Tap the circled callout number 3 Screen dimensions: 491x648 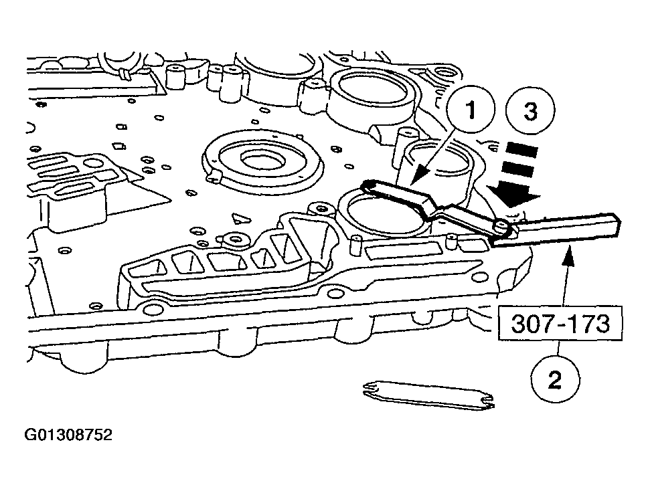click(x=530, y=111)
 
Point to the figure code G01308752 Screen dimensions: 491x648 click(x=68, y=435)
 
